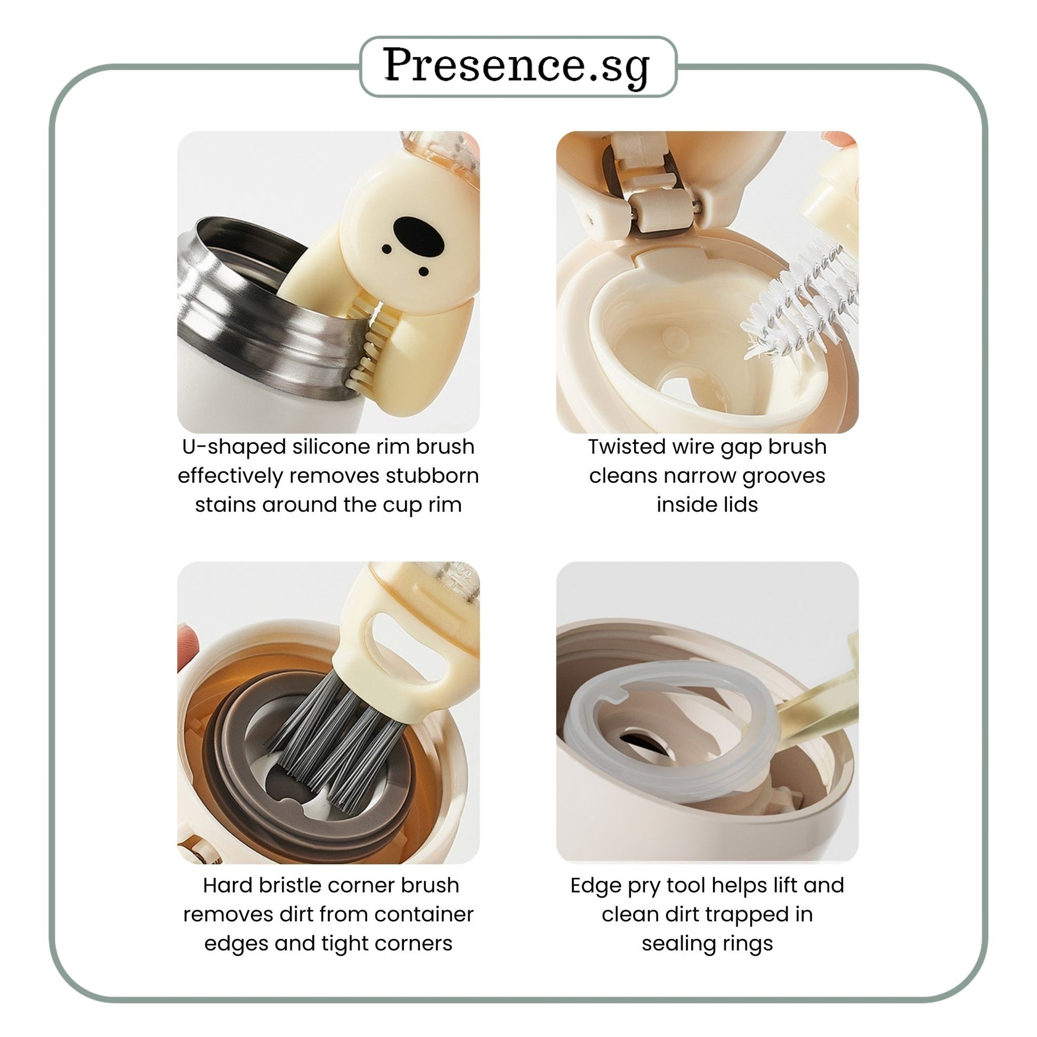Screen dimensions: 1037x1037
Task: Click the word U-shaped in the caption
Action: pos(234,447)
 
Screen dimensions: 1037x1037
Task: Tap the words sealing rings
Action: pos(707,944)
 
